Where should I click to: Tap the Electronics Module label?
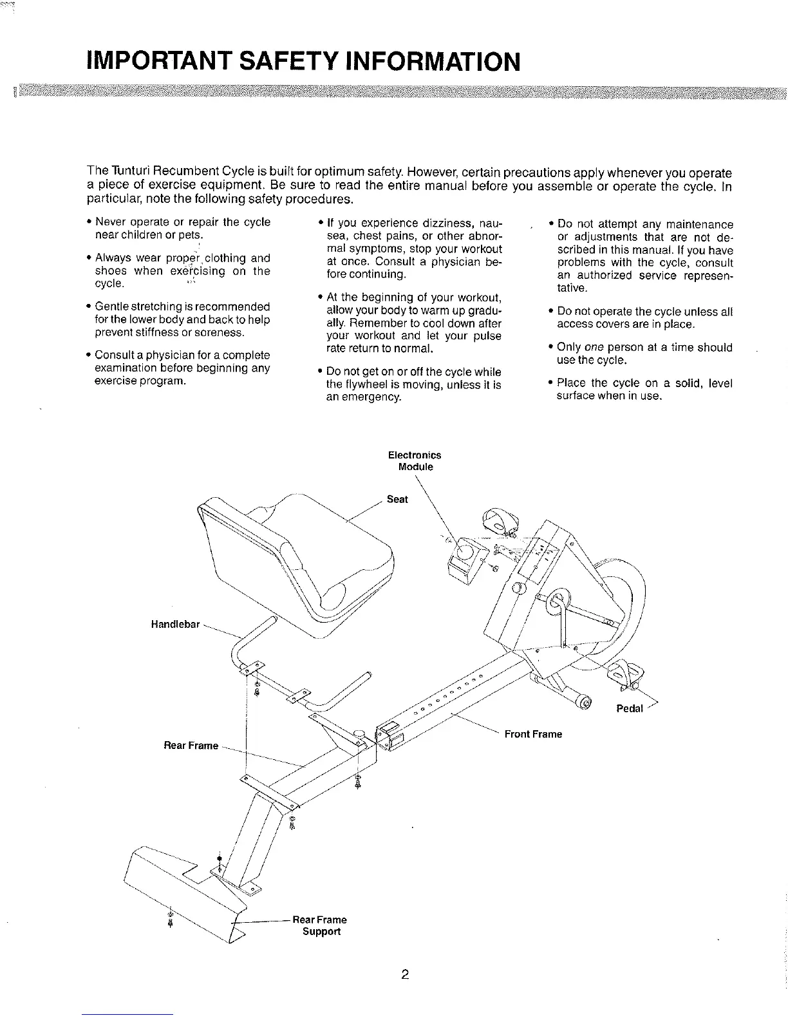[415, 460]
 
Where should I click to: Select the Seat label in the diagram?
[397, 499]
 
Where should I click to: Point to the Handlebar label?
[175, 624]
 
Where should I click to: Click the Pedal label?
[630, 709]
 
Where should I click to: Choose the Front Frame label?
[533, 734]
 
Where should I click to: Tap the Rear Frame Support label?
[320, 925]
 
